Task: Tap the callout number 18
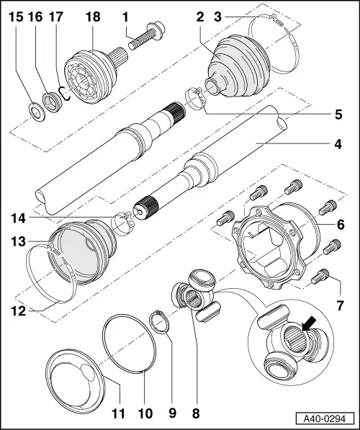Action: (x=94, y=16)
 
